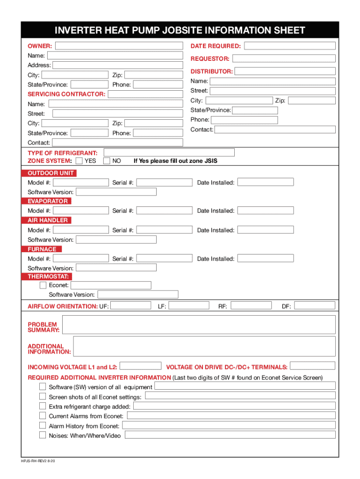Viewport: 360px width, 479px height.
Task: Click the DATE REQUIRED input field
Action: pos(290,46)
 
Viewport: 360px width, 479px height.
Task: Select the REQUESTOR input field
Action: pos(284,58)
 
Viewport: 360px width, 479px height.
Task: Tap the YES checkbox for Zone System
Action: pos(79,161)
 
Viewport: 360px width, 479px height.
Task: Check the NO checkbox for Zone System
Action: pos(107,161)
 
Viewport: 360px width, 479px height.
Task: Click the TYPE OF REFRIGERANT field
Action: pos(169,152)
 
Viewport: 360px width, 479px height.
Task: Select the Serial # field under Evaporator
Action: pos(164,210)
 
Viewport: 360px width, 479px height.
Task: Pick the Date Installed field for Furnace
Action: pos(266,258)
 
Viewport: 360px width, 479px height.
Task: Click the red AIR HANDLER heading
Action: pos(47,220)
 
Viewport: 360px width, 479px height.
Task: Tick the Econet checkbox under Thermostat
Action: pos(43,285)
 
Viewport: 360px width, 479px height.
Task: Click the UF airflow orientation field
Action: pos(130,306)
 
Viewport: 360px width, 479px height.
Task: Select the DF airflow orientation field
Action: pos(315,306)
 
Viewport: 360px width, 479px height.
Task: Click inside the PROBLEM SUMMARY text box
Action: pos(199,324)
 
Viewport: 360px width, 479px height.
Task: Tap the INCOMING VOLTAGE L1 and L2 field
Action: pos(141,366)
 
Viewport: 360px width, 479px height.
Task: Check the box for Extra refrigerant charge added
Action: pos(43,406)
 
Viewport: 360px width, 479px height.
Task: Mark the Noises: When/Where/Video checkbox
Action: pos(43,435)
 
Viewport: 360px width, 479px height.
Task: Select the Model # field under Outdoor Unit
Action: pos(80,182)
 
